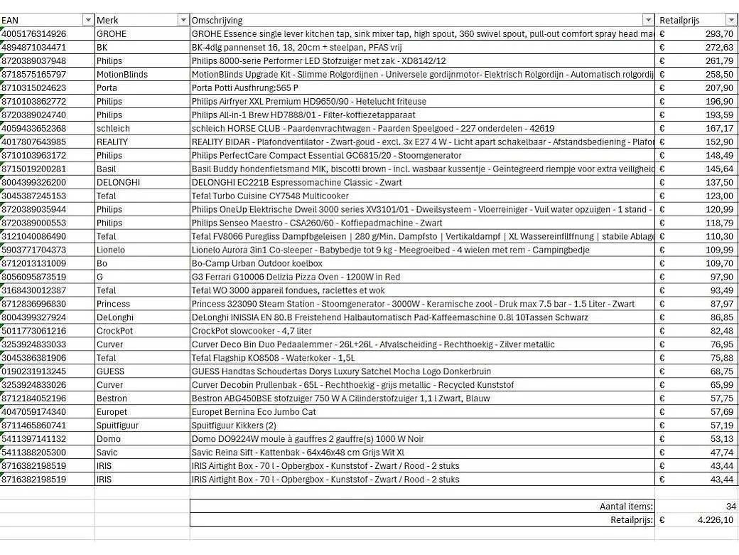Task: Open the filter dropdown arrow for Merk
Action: point(183,20)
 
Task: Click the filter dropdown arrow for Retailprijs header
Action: point(730,20)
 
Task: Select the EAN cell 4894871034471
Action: point(34,47)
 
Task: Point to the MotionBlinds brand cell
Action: point(122,74)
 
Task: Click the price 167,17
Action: point(719,128)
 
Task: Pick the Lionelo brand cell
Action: point(111,250)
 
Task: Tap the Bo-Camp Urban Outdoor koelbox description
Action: point(248,263)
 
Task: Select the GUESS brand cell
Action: point(110,371)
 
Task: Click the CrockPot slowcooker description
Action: point(252,331)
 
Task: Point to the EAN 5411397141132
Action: point(34,439)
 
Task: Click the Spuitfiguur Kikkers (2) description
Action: point(234,425)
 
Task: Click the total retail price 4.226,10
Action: point(711,520)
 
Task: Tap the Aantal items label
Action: point(626,507)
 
